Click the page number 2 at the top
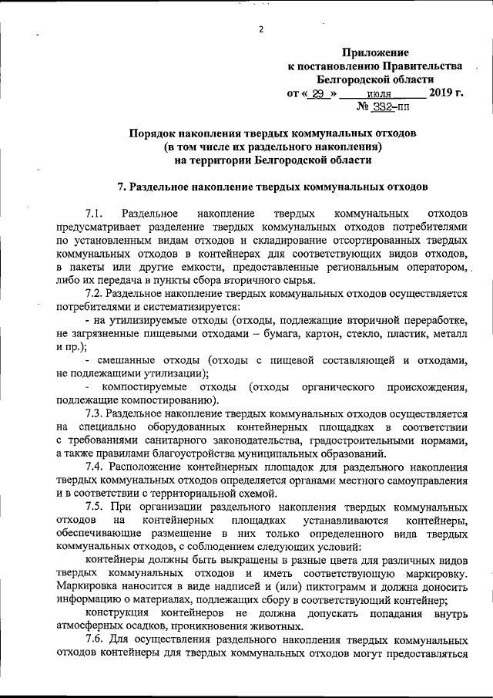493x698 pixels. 261,29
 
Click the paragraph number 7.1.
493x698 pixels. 94,212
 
